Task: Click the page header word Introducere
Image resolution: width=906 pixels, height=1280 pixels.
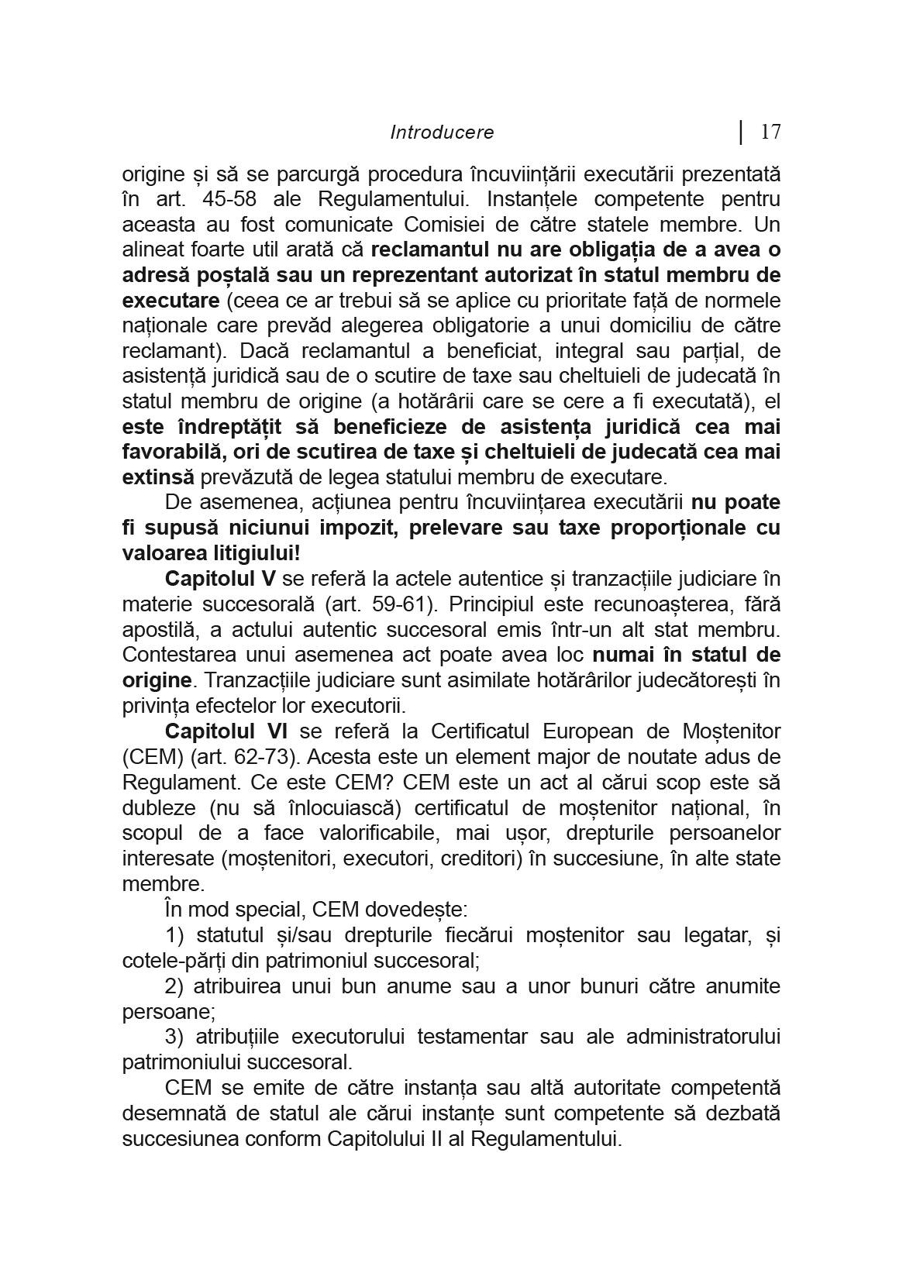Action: point(442,132)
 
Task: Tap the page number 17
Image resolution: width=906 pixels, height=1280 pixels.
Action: point(770,132)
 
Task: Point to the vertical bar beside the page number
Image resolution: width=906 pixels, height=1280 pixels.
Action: point(742,132)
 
